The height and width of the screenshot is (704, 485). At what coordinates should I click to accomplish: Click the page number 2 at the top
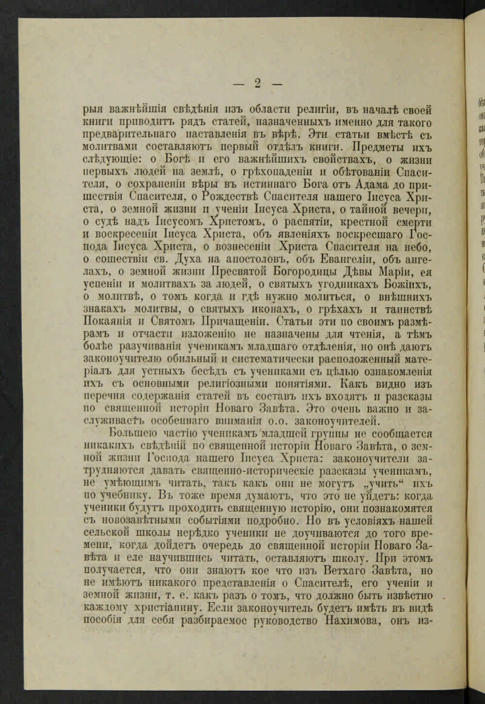257,83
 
